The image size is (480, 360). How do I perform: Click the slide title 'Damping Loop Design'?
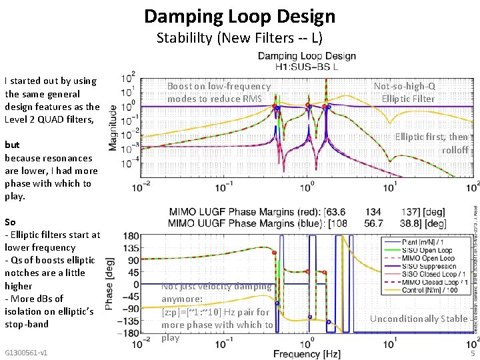tap(239, 16)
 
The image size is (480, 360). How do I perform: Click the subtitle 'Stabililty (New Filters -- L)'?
tap(239, 37)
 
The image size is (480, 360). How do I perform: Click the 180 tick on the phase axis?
tap(131, 235)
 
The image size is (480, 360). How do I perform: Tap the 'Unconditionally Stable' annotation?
tap(418, 319)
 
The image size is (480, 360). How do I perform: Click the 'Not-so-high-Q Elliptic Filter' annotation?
tap(404, 93)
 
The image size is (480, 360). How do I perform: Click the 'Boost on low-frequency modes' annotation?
tap(219, 93)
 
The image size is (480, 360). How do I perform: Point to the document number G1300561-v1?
tap(26, 352)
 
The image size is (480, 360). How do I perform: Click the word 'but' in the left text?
tap(12, 145)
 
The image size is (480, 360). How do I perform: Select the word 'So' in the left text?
tap(10, 221)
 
